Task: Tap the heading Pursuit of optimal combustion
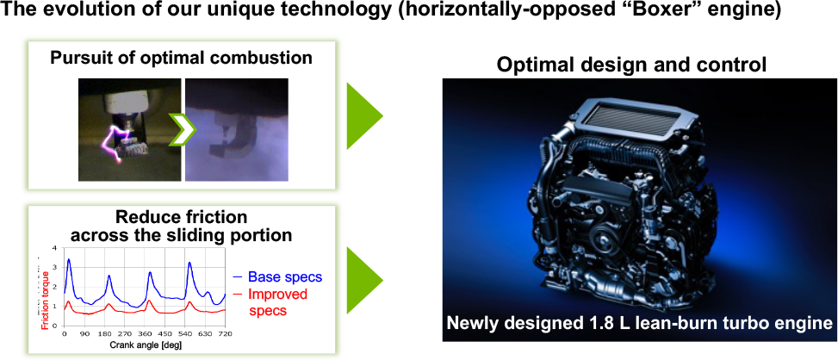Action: [x=181, y=59]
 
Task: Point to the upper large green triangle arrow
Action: [x=363, y=115]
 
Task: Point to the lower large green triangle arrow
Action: [x=363, y=279]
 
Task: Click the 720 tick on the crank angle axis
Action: [x=225, y=335]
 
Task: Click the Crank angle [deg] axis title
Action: [x=145, y=345]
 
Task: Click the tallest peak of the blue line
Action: [x=69, y=259]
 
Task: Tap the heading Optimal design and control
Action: [x=632, y=65]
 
